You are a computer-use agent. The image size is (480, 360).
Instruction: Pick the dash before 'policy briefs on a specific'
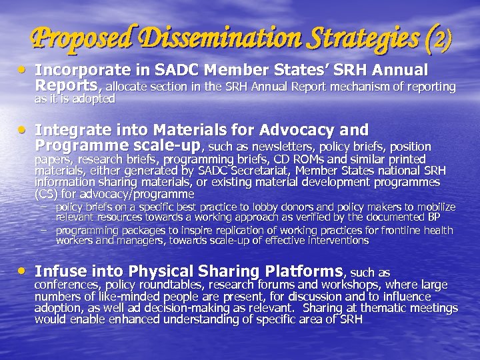43,207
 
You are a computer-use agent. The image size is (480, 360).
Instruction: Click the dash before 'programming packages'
43,230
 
